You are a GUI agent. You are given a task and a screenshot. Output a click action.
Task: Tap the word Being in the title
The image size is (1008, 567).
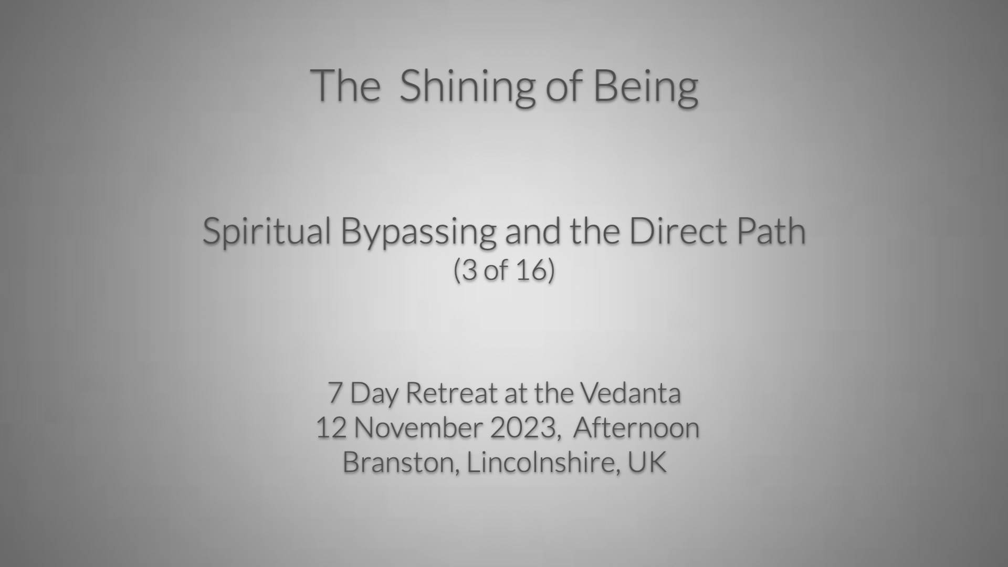pyautogui.click(x=646, y=87)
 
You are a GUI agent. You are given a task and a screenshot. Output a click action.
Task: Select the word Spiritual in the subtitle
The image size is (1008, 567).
pyautogui.click(x=267, y=232)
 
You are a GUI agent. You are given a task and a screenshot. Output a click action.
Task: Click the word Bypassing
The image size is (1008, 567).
pyautogui.click(x=418, y=232)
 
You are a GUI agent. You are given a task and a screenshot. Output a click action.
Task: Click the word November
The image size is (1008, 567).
pyautogui.click(x=418, y=428)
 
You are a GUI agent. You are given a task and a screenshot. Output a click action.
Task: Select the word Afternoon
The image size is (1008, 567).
pyautogui.click(x=636, y=428)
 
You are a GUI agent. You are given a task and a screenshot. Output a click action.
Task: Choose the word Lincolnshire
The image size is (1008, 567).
pyautogui.click(x=540, y=463)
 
